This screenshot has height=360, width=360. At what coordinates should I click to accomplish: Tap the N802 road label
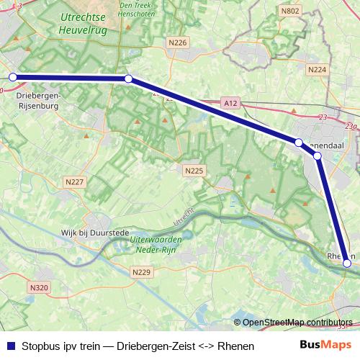tap(290, 11)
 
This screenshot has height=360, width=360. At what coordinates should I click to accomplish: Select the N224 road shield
tap(317, 70)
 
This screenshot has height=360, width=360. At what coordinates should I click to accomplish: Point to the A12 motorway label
tap(230, 104)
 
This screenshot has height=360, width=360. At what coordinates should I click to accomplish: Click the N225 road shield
tap(194, 171)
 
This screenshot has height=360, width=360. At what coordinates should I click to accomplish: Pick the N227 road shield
tap(74, 182)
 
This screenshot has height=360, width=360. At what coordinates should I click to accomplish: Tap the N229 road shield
tap(142, 271)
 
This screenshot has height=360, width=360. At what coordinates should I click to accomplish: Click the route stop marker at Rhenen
tap(347, 264)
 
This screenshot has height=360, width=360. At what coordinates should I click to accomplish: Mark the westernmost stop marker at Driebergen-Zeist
tap(12, 77)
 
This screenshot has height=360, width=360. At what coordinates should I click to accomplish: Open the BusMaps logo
tap(325, 346)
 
